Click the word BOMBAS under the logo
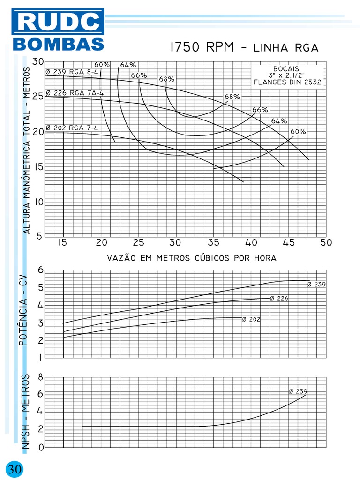point(58,44)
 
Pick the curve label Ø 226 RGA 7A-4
point(75,93)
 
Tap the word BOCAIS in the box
point(286,68)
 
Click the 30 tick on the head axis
point(38,62)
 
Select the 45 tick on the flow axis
point(289,243)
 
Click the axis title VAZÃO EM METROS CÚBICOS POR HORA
point(192,258)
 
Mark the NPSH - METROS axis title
point(26,412)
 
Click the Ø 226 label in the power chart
point(279,298)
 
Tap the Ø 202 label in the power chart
point(251,319)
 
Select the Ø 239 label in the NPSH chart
point(298,391)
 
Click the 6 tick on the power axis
point(40,270)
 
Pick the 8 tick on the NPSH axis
point(41,377)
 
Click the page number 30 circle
point(14,469)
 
